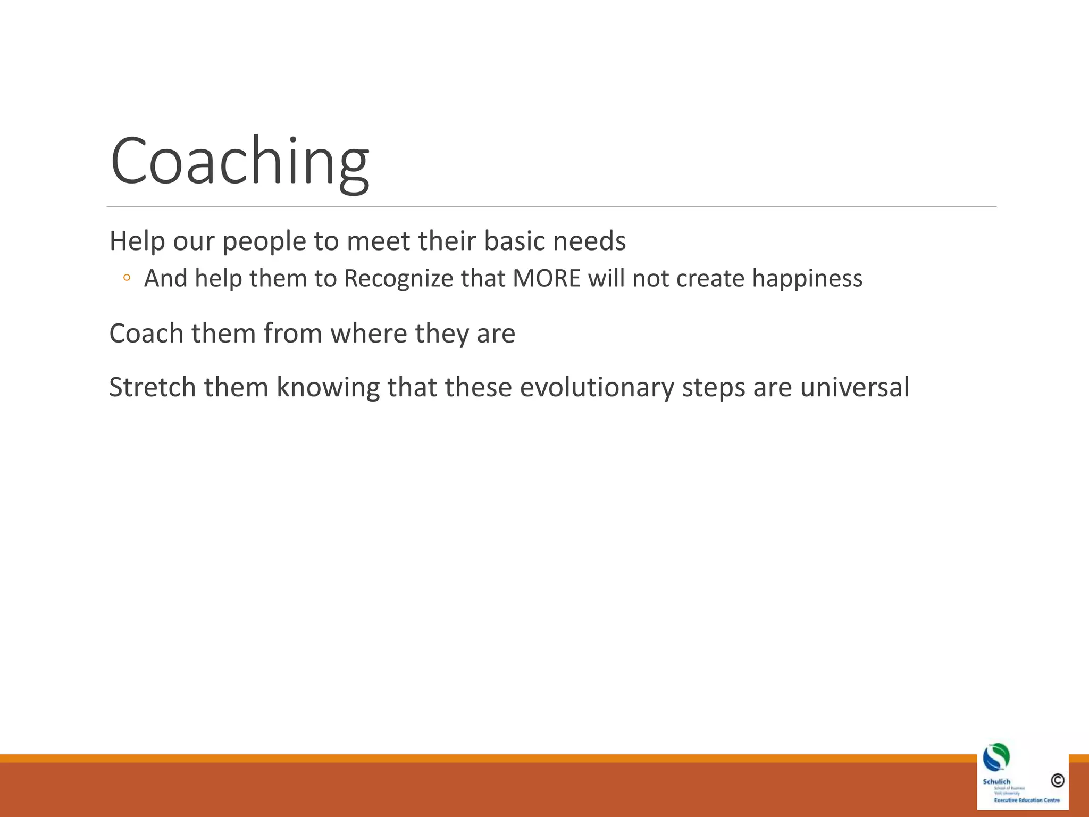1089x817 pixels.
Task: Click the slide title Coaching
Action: (239, 161)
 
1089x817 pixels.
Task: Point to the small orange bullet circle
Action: (126, 278)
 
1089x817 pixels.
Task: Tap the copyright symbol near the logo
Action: (1057, 780)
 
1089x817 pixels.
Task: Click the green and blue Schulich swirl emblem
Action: (996, 757)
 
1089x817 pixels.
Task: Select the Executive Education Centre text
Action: (1026, 800)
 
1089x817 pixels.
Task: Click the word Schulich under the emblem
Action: (996, 781)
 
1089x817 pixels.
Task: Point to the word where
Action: (368, 334)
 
